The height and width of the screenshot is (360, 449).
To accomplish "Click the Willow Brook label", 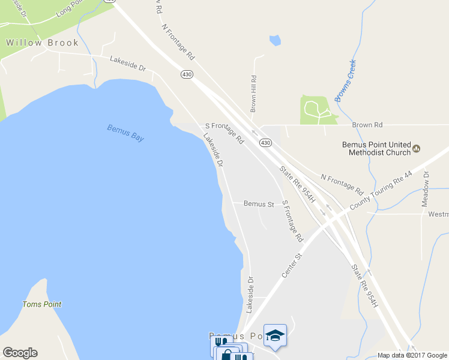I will click(42, 43).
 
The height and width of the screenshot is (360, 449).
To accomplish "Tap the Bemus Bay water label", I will click(126, 133).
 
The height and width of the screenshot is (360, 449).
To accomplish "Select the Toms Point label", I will click(41, 304).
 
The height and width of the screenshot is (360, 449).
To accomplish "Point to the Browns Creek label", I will click(346, 80).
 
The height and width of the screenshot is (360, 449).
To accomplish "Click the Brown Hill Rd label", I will click(254, 94).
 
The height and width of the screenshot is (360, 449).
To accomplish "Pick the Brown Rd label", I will click(367, 125).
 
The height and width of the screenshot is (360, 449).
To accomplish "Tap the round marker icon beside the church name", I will click(417, 148).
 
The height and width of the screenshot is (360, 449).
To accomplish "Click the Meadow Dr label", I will click(426, 189).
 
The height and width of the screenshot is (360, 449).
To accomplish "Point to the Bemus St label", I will click(259, 204).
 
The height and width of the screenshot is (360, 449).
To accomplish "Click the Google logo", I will click(20, 353).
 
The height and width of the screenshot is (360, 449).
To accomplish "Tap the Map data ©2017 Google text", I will click(412, 355).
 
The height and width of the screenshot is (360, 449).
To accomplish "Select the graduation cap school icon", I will click(275, 335).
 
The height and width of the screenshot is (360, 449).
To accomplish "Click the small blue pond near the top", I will click(275, 41).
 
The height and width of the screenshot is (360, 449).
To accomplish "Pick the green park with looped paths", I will click(315, 110).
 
